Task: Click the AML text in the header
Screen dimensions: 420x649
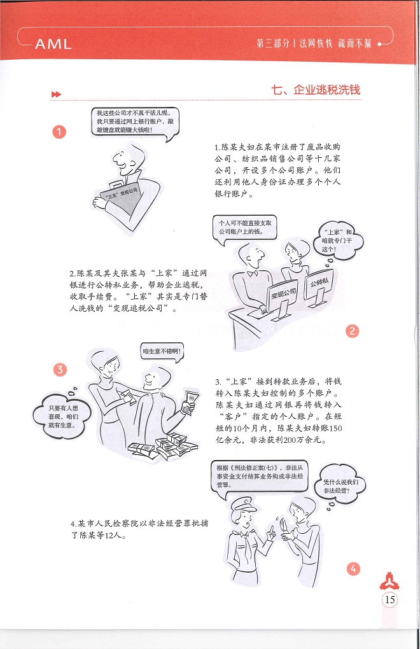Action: (53, 43)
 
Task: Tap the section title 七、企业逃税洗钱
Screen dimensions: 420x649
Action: (316, 90)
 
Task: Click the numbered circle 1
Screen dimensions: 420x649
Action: (59, 132)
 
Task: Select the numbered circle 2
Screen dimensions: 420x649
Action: (352, 331)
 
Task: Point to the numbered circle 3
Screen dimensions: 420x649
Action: (60, 369)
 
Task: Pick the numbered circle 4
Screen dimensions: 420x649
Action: (353, 569)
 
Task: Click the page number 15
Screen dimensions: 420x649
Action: (390, 599)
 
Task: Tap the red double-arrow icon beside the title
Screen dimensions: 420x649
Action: (56, 94)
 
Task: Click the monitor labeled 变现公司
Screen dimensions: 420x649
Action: (283, 297)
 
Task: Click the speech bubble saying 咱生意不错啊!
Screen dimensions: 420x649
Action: (162, 352)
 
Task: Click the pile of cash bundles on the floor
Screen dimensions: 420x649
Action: (164, 446)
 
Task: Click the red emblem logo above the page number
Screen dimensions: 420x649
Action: (389, 581)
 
